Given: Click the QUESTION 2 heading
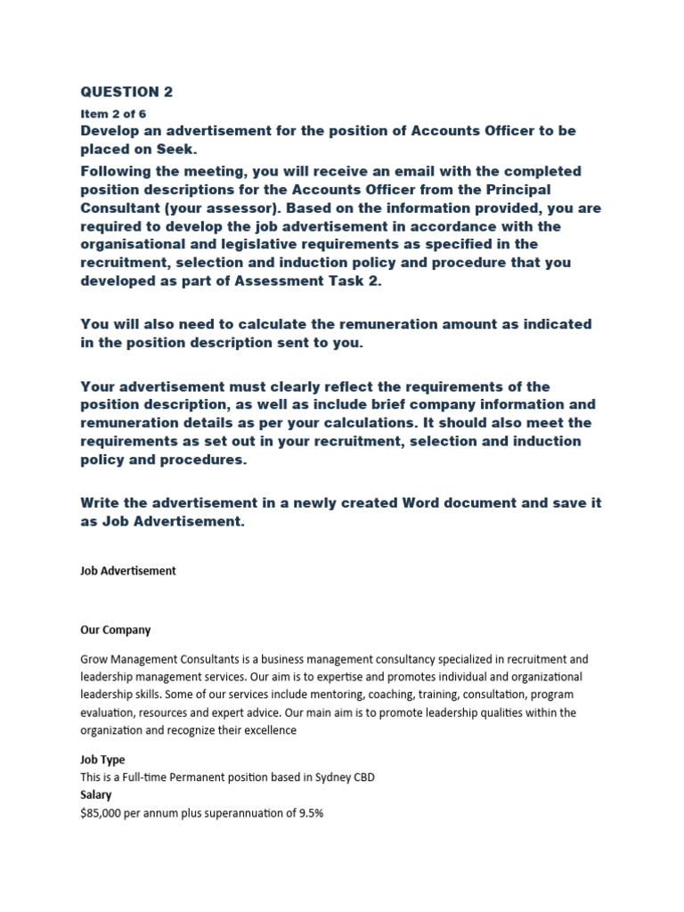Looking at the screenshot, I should coord(126,92).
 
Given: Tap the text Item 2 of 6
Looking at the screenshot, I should coord(113,114).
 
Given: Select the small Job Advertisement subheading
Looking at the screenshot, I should coord(128,571).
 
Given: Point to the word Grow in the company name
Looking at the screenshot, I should coord(95,660).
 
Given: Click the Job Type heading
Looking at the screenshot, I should coord(102,760).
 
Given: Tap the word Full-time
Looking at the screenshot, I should coord(156,778).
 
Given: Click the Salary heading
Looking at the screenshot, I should coord(96,794).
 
